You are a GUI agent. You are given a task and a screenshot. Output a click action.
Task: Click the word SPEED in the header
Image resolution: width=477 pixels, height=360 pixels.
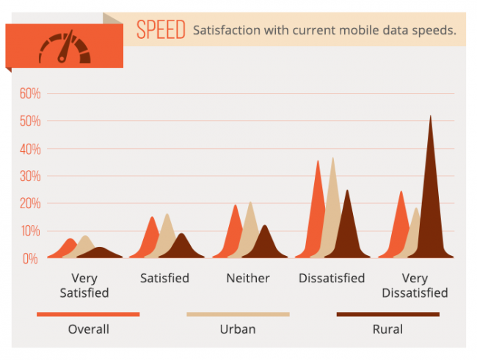coord(161,29)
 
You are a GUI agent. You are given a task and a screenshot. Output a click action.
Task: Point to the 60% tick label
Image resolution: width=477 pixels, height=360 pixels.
coord(30,93)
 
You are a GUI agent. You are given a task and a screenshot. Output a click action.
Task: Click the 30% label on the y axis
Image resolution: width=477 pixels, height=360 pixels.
coord(30,176)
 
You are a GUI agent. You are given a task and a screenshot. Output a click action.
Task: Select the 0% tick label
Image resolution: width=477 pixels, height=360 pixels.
coord(30,258)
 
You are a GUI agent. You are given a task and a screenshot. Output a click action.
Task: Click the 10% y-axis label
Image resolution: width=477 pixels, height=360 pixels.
coord(30,231)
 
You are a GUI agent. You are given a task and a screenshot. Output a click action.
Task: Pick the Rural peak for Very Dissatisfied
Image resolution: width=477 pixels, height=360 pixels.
coord(431,116)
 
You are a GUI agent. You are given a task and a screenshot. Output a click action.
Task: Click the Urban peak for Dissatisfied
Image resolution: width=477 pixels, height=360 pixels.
coord(333,158)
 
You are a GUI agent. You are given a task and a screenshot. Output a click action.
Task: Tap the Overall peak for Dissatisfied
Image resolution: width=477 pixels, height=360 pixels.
coord(318,161)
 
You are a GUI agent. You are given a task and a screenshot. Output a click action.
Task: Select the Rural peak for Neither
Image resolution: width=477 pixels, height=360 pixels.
coord(265,225)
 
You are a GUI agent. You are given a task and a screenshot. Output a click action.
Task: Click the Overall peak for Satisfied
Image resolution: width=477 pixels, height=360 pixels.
coord(152,217)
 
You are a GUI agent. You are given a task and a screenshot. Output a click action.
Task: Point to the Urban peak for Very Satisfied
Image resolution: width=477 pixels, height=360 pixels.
coord(85,236)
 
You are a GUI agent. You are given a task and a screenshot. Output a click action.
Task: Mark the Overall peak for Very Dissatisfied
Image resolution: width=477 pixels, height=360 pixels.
coord(401,191)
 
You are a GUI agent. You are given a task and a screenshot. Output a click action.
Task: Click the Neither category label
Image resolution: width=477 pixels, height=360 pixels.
coord(248,278)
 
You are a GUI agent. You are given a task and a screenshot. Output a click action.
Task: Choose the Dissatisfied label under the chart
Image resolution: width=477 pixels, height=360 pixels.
coord(332,278)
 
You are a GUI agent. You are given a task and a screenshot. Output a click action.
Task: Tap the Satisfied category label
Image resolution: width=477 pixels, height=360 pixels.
coord(164,278)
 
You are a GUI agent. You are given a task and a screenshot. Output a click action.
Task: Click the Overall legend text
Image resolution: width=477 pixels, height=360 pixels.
coord(89,329)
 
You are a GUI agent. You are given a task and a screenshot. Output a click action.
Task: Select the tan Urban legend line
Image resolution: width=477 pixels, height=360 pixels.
coord(238,315)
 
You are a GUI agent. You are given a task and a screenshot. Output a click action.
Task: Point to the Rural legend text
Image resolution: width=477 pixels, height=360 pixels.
coord(388,329)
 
